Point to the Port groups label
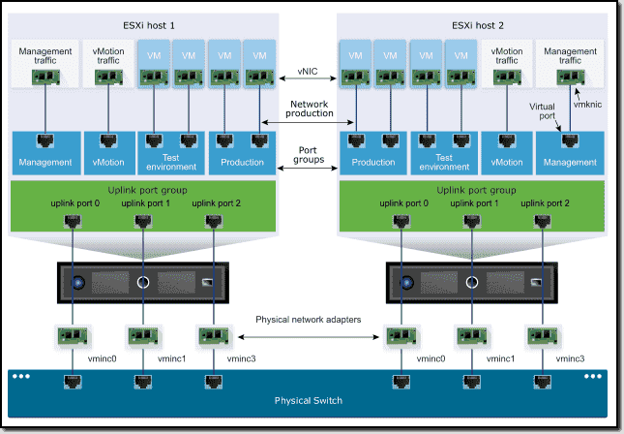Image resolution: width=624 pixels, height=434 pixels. tap(309, 153)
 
